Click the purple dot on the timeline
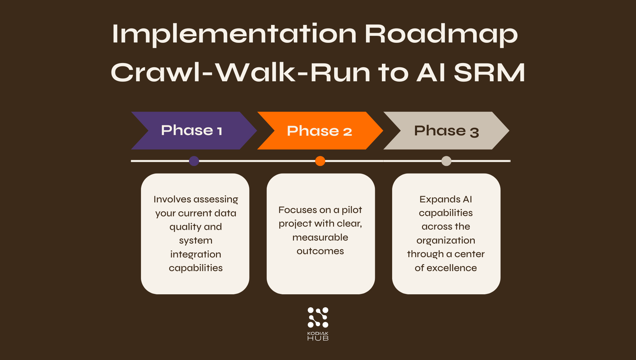point(194,161)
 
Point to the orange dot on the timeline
point(320,161)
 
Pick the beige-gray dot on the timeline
point(446,161)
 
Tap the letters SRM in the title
point(489,73)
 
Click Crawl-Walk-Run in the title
point(240,73)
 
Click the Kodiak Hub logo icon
point(318,317)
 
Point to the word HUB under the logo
point(318,338)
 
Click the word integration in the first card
point(195,254)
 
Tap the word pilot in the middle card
point(352,210)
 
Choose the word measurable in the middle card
point(320,237)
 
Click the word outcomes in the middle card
point(320,251)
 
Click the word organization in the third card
point(446,241)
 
